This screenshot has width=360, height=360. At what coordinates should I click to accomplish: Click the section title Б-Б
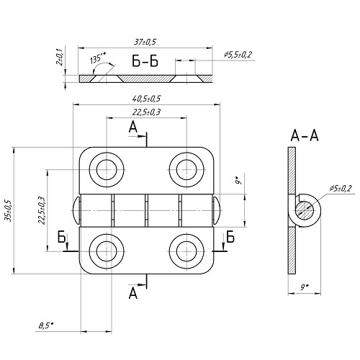coord(145,61)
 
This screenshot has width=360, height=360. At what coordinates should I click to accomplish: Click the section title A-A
coord(305,135)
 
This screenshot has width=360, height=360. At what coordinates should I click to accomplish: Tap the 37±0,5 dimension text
coord(145,42)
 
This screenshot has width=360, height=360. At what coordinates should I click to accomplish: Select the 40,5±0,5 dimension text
coord(146,99)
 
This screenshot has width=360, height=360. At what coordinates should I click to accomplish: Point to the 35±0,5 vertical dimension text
coord(9,210)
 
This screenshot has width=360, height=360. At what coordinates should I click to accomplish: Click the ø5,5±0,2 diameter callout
coord(238,55)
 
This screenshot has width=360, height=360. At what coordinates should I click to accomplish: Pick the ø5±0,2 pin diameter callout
coord(341,189)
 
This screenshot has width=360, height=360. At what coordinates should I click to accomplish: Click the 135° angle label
coord(97,58)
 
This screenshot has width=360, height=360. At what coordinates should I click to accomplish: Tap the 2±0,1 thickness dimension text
coord(59,58)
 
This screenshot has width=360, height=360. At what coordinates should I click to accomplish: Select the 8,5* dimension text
coord(46,325)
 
